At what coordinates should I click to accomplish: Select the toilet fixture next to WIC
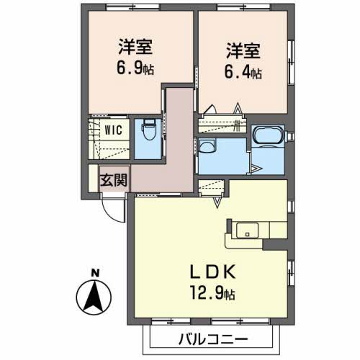(x=149, y=132)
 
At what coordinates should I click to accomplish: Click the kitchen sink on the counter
(x=246, y=232)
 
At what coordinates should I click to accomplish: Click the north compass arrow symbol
(x=93, y=297)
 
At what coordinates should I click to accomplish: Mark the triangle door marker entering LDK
(x=215, y=204)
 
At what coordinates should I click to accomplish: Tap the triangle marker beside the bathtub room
(x=256, y=169)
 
